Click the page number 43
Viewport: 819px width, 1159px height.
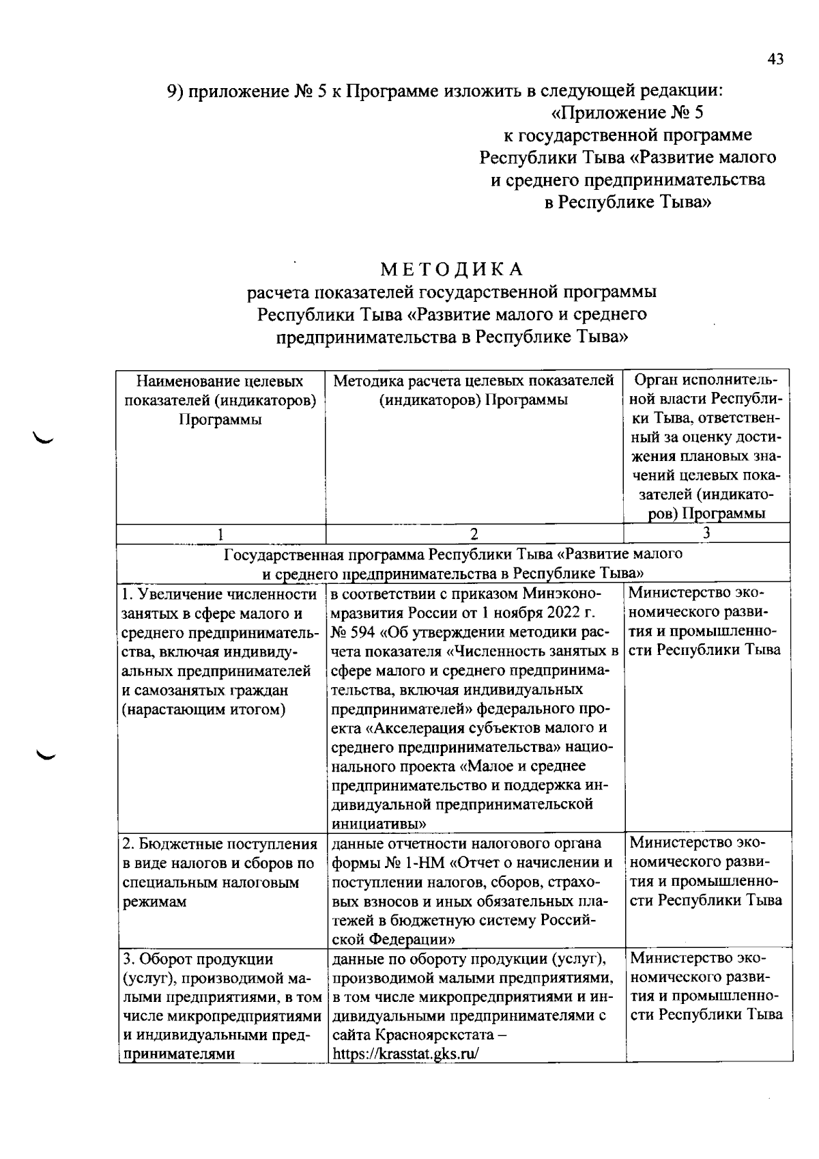775,59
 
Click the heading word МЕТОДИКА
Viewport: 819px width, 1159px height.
452,268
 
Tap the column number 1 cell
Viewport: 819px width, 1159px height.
220,534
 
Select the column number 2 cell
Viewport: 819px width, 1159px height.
474,534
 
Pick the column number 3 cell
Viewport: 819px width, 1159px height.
706,533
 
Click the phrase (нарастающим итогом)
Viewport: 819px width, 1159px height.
203,710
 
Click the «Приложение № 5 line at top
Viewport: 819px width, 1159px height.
627,112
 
